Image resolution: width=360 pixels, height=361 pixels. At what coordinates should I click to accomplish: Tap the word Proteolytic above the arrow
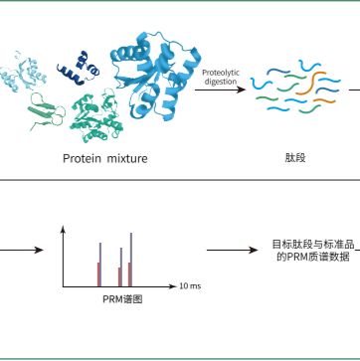pos(219,73)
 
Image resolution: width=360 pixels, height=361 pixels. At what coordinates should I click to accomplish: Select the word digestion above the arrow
pos(219,82)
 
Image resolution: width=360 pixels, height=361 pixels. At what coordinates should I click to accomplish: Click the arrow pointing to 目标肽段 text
pos(237,250)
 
